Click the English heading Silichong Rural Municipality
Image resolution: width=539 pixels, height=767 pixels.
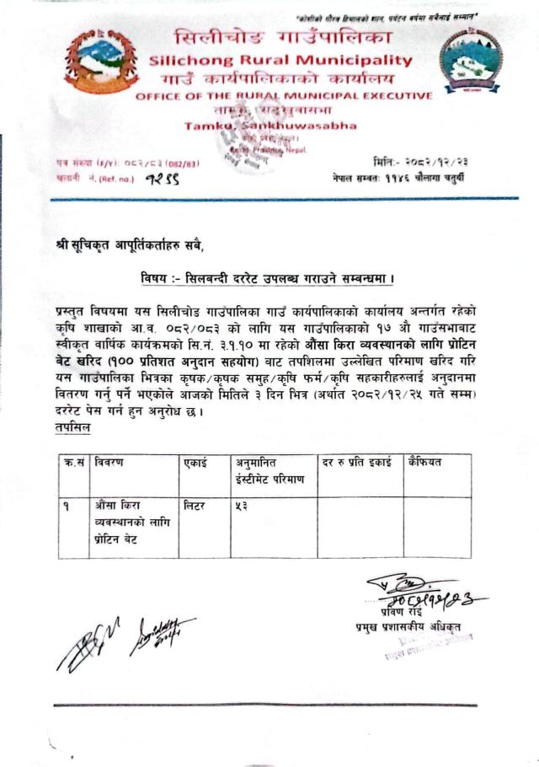pyautogui.click(x=281, y=61)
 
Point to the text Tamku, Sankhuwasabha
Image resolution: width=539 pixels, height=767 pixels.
pyautogui.click(x=271, y=126)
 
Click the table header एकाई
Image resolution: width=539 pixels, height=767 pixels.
pyautogui.click(x=196, y=463)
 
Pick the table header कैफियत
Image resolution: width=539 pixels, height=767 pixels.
pyautogui.click(x=425, y=463)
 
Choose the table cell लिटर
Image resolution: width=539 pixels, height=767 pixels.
pyautogui.click(x=196, y=507)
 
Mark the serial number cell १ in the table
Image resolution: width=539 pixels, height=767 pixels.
pyautogui.click(x=66, y=507)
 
